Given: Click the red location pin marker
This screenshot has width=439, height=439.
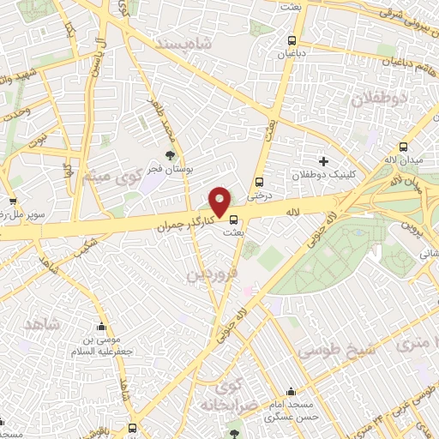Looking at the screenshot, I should (220, 201).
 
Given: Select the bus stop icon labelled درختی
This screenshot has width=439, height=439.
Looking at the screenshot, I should (259, 182).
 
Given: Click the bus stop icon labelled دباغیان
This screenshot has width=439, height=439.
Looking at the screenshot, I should (292, 40).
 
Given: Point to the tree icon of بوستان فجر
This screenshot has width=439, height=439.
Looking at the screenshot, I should (170, 155).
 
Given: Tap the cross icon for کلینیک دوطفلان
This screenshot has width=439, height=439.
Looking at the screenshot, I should (323, 160).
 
